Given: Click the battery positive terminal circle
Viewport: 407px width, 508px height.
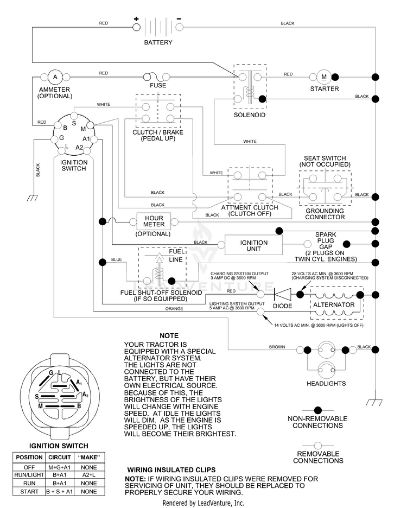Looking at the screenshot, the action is [136, 27].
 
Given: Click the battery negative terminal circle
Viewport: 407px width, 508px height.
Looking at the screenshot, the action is [179, 27].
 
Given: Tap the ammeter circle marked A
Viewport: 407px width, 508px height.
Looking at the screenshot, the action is [55, 77].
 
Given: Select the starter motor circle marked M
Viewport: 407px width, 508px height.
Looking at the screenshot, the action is [324, 77].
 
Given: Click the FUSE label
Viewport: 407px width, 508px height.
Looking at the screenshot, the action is [158, 86].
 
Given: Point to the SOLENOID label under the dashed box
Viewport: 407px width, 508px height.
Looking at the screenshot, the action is [250, 115].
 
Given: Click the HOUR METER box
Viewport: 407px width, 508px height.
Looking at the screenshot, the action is [154, 221].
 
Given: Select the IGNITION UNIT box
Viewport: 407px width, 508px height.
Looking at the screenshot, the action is [254, 245].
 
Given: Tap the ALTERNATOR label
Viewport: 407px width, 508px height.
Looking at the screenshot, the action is [334, 305].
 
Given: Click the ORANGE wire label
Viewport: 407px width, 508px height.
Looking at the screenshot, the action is [174, 309].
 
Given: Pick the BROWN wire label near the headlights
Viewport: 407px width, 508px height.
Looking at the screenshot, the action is [277, 347].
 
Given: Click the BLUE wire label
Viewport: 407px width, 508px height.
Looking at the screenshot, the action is [116, 259].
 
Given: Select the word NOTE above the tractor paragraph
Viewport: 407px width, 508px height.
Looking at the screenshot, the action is [169, 335].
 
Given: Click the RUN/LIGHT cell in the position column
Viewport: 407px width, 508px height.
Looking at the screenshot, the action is [29, 475].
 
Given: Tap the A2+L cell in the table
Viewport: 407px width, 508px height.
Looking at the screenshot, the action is [89, 475].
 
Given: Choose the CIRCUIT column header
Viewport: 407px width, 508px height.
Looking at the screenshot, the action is [59, 458].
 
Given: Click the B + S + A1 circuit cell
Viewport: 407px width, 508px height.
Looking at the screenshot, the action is [59, 492].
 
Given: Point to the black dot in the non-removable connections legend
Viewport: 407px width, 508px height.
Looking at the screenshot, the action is [318, 410].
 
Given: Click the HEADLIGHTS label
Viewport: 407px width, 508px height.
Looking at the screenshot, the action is [326, 384].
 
